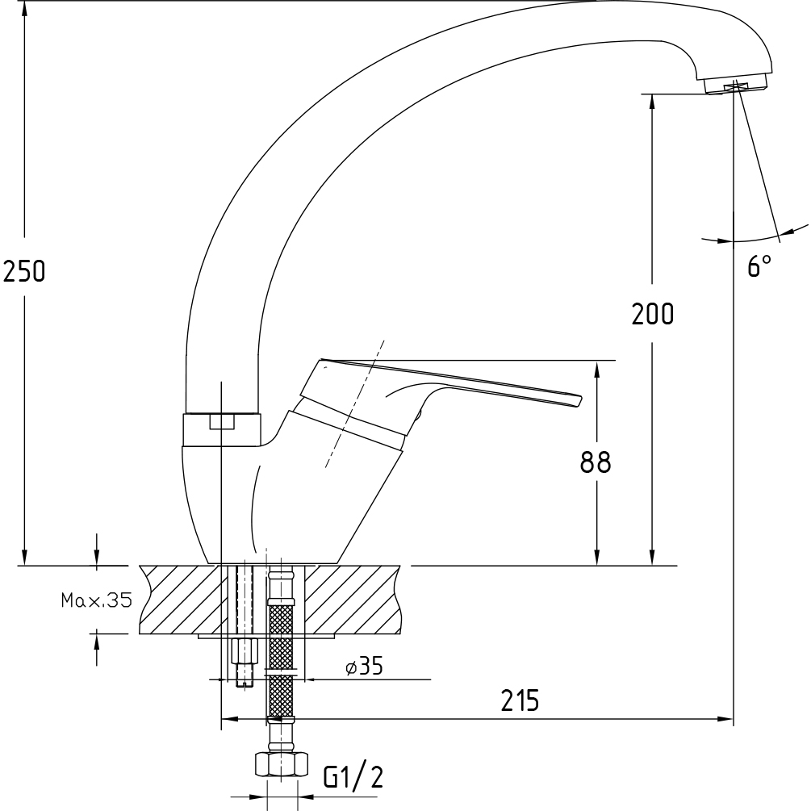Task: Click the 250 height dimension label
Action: tap(24, 271)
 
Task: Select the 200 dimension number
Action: tap(653, 313)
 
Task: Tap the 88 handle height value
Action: tap(596, 462)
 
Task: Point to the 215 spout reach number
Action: tap(520, 700)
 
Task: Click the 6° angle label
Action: tap(759, 265)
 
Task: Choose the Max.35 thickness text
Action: tap(97, 600)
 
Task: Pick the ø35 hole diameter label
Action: tap(364, 667)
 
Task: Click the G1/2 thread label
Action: tap(353, 777)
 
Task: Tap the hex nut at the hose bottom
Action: tap(282, 764)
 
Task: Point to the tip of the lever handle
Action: tap(580, 400)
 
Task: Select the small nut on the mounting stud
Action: tap(245, 650)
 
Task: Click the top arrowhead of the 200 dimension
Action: tap(652, 102)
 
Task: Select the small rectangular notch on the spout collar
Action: tap(221, 421)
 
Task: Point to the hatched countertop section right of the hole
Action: tap(352, 600)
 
